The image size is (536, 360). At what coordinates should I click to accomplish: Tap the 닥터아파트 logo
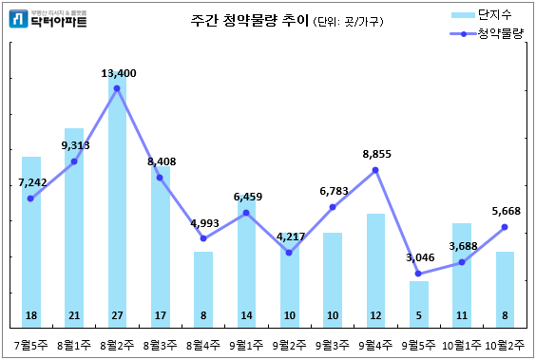pos(48,19)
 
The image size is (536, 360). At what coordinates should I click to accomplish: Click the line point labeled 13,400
pos(117,88)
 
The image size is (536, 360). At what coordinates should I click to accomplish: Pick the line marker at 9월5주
pos(418,274)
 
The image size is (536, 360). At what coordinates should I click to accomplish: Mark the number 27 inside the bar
pos(117,314)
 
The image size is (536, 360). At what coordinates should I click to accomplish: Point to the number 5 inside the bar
pos(418,314)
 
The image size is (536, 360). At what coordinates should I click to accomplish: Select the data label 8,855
pos(376,154)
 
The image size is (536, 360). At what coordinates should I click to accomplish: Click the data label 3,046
pos(419,257)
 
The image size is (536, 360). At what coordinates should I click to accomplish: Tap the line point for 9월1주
pos(246,213)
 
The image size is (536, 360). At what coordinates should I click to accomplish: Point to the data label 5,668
pos(505,211)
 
